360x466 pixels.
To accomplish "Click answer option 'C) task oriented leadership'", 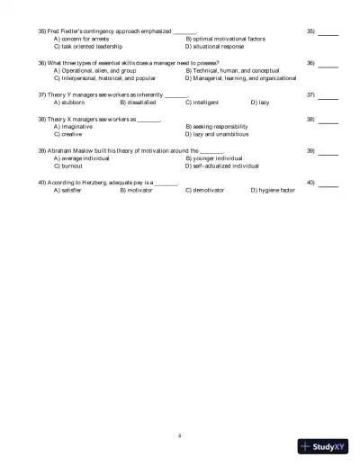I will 89,46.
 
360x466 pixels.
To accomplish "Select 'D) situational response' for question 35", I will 215,46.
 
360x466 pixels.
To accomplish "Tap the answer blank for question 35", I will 328,33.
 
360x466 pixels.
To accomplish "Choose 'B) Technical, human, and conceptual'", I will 232,70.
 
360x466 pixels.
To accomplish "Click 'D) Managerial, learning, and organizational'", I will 241,77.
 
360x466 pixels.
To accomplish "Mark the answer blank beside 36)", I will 328,64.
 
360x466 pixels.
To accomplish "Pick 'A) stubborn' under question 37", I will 70,102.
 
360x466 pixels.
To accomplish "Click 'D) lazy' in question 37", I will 260,102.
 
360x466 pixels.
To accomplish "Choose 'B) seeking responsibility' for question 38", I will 222,127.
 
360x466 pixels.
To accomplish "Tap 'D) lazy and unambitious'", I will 217,134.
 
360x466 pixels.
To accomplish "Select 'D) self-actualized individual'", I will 222,166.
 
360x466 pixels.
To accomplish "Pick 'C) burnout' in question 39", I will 69,166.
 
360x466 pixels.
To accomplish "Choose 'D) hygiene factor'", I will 273,191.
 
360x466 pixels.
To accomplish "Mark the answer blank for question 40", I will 328,184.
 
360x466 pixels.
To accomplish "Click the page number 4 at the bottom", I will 180,435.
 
